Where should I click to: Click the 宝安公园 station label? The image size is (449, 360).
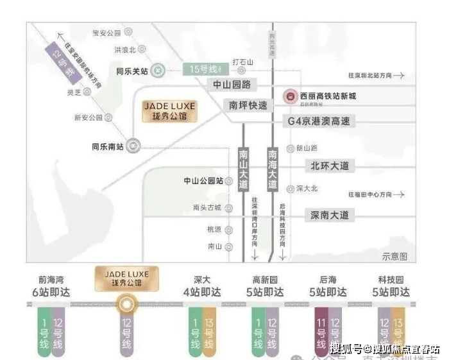[106, 32]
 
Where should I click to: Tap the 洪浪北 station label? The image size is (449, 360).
[124, 49]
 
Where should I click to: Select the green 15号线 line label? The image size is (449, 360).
[201, 69]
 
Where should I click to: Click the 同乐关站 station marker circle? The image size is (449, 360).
[159, 71]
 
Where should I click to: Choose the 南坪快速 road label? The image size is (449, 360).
[246, 105]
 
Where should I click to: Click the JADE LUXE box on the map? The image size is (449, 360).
[170, 110]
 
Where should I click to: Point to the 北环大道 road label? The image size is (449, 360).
[330, 166]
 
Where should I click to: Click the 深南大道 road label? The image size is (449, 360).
[330, 215]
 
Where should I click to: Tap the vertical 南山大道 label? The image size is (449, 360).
[243, 169]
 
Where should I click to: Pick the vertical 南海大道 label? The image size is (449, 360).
[273, 169]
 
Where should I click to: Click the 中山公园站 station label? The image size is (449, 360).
[203, 181]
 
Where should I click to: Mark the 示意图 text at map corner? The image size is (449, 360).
[394, 257]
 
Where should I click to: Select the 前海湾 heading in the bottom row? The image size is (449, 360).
[51, 280]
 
